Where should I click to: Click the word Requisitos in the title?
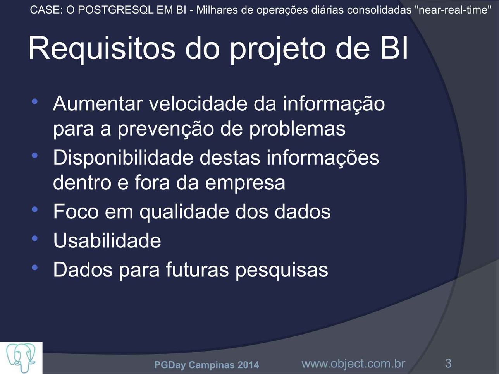pos(102,49)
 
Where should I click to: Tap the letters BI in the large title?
pos(394,48)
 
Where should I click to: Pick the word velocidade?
pos(198,104)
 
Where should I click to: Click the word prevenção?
pos(166,129)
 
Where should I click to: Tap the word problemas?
pos(298,129)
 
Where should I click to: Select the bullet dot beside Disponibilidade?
pos(35,156)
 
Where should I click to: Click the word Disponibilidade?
pos(123,158)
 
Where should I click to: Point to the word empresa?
pos(245,183)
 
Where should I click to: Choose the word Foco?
pos(76,211)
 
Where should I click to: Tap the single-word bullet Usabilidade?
pos(107,240)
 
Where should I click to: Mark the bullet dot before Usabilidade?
pos(35,238)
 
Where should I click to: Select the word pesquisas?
pos(282,270)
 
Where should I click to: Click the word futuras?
pos(197,269)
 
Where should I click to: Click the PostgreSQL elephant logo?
pos(21,358)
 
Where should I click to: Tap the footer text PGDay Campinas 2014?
pos(206,365)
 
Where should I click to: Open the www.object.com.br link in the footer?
pos(353,364)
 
